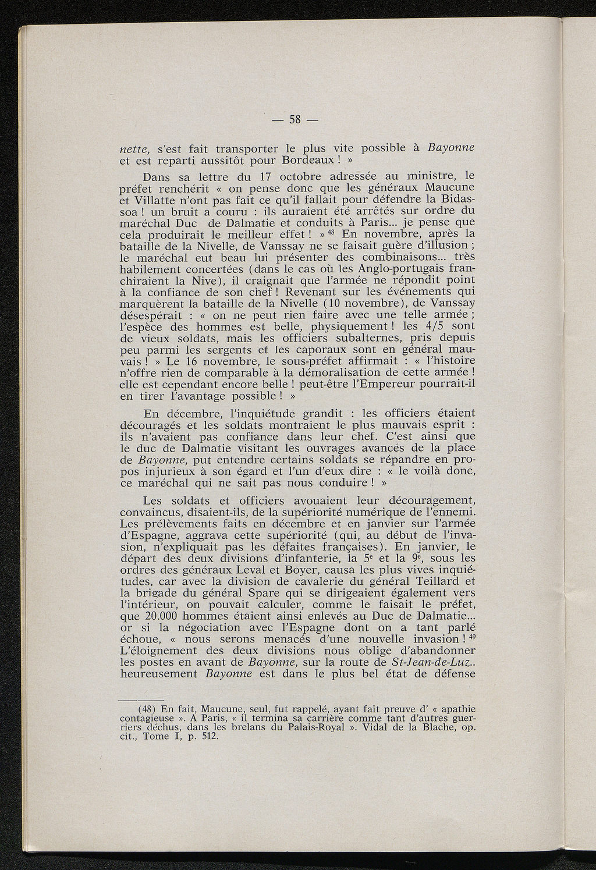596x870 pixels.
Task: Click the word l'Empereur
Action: coord(394,384)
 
